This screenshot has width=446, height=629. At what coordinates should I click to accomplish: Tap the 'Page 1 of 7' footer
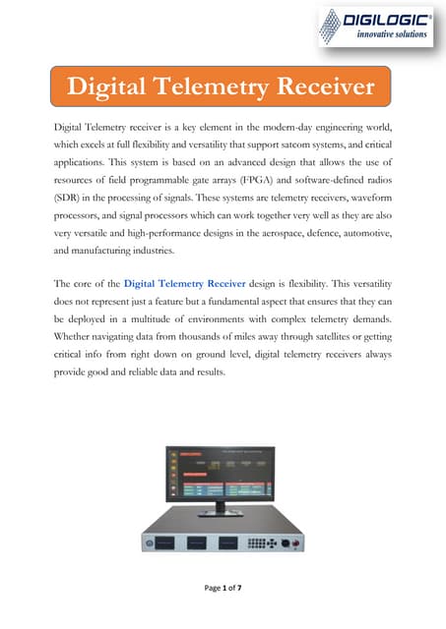(223, 613)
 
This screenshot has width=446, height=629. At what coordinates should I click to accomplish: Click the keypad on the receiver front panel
(261, 543)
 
